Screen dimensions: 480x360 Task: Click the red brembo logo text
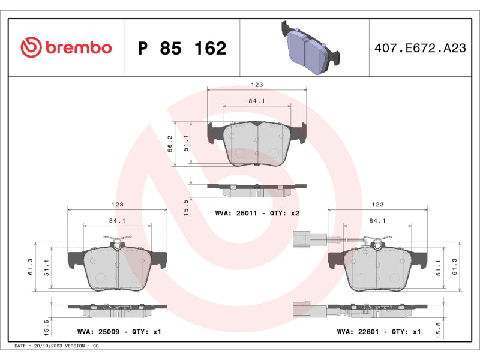pos(79,47)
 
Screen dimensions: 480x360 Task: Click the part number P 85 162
pos(182,48)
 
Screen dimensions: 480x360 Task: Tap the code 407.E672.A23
pos(420,48)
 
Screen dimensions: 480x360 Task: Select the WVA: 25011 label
pos(236,213)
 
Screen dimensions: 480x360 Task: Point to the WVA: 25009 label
pos(98,332)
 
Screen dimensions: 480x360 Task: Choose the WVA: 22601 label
pos(358,332)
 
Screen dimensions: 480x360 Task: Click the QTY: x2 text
pos(284,213)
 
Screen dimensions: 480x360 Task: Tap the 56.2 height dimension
pos(170,143)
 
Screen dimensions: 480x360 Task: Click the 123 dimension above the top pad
pos(257,85)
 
